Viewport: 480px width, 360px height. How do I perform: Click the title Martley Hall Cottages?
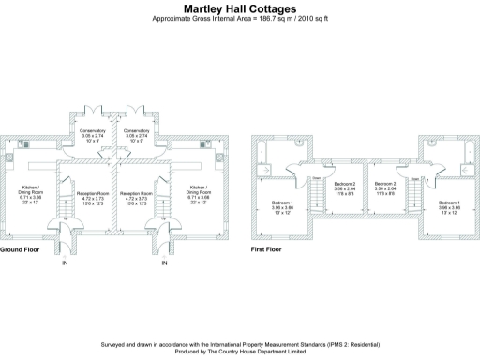point(240,8)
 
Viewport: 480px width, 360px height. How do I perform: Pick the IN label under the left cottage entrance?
point(65,263)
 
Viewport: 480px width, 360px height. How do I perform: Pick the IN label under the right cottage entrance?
point(164,263)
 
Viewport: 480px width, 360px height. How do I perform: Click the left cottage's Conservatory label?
point(92,130)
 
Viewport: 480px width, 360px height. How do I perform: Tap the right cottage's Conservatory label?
point(136,130)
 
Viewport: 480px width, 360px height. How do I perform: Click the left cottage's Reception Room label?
point(92,193)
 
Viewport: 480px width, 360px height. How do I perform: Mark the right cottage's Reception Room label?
point(136,193)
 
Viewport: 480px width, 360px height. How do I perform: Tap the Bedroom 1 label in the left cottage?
point(282,202)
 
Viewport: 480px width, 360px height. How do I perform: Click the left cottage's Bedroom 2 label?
point(344,184)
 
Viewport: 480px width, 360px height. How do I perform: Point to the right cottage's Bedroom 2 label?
point(384,184)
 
